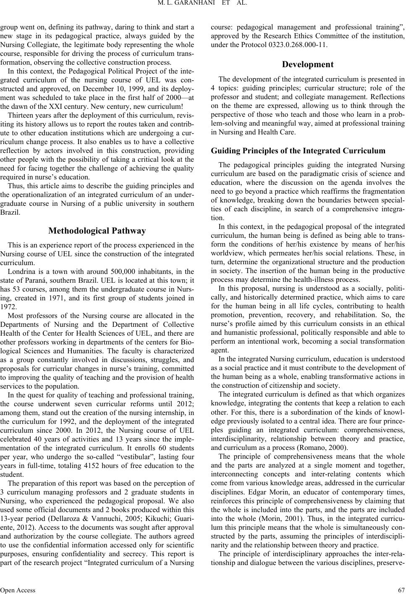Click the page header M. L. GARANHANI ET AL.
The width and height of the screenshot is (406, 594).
click(x=202, y=5)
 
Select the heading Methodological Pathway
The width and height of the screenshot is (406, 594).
click(x=97, y=231)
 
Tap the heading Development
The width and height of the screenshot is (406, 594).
click(x=307, y=64)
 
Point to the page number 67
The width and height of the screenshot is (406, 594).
click(x=401, y=589)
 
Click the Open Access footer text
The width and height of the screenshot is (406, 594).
click(x=18, y=589)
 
